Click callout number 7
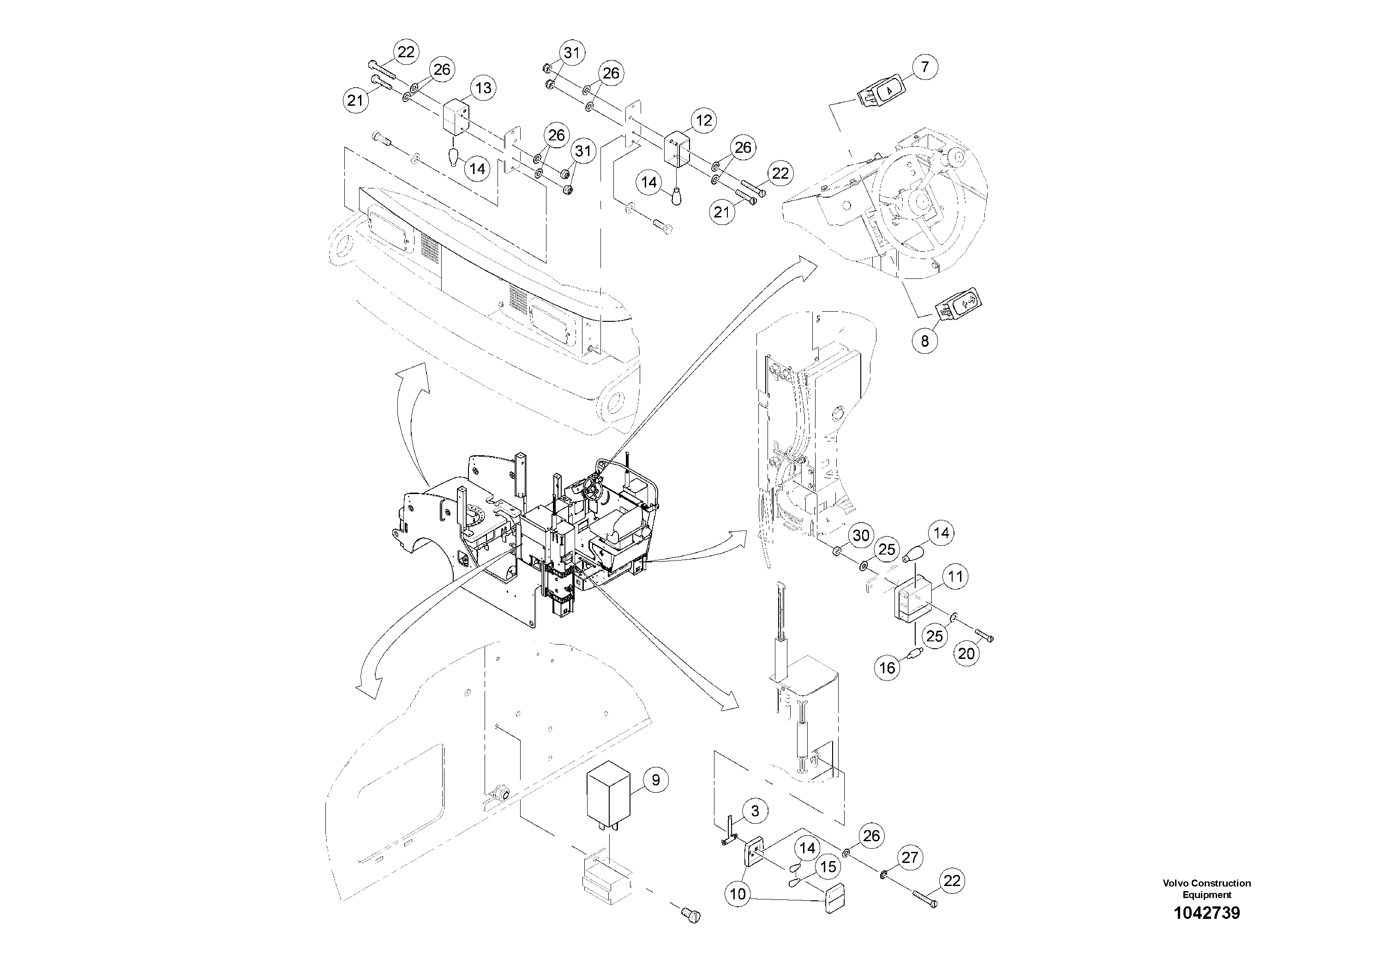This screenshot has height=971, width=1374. point(924,66)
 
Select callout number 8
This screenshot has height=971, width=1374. point(924,341)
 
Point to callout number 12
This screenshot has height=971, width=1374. point(703,121)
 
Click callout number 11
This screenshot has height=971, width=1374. point(955,577)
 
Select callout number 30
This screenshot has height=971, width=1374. point(861,535)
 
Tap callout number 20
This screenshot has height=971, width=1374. point(966,654)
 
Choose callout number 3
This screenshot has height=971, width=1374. point(755,811)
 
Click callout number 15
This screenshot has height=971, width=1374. point(828,867)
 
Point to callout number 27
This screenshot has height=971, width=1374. point(910,857)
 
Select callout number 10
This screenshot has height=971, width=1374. point(738,894)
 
